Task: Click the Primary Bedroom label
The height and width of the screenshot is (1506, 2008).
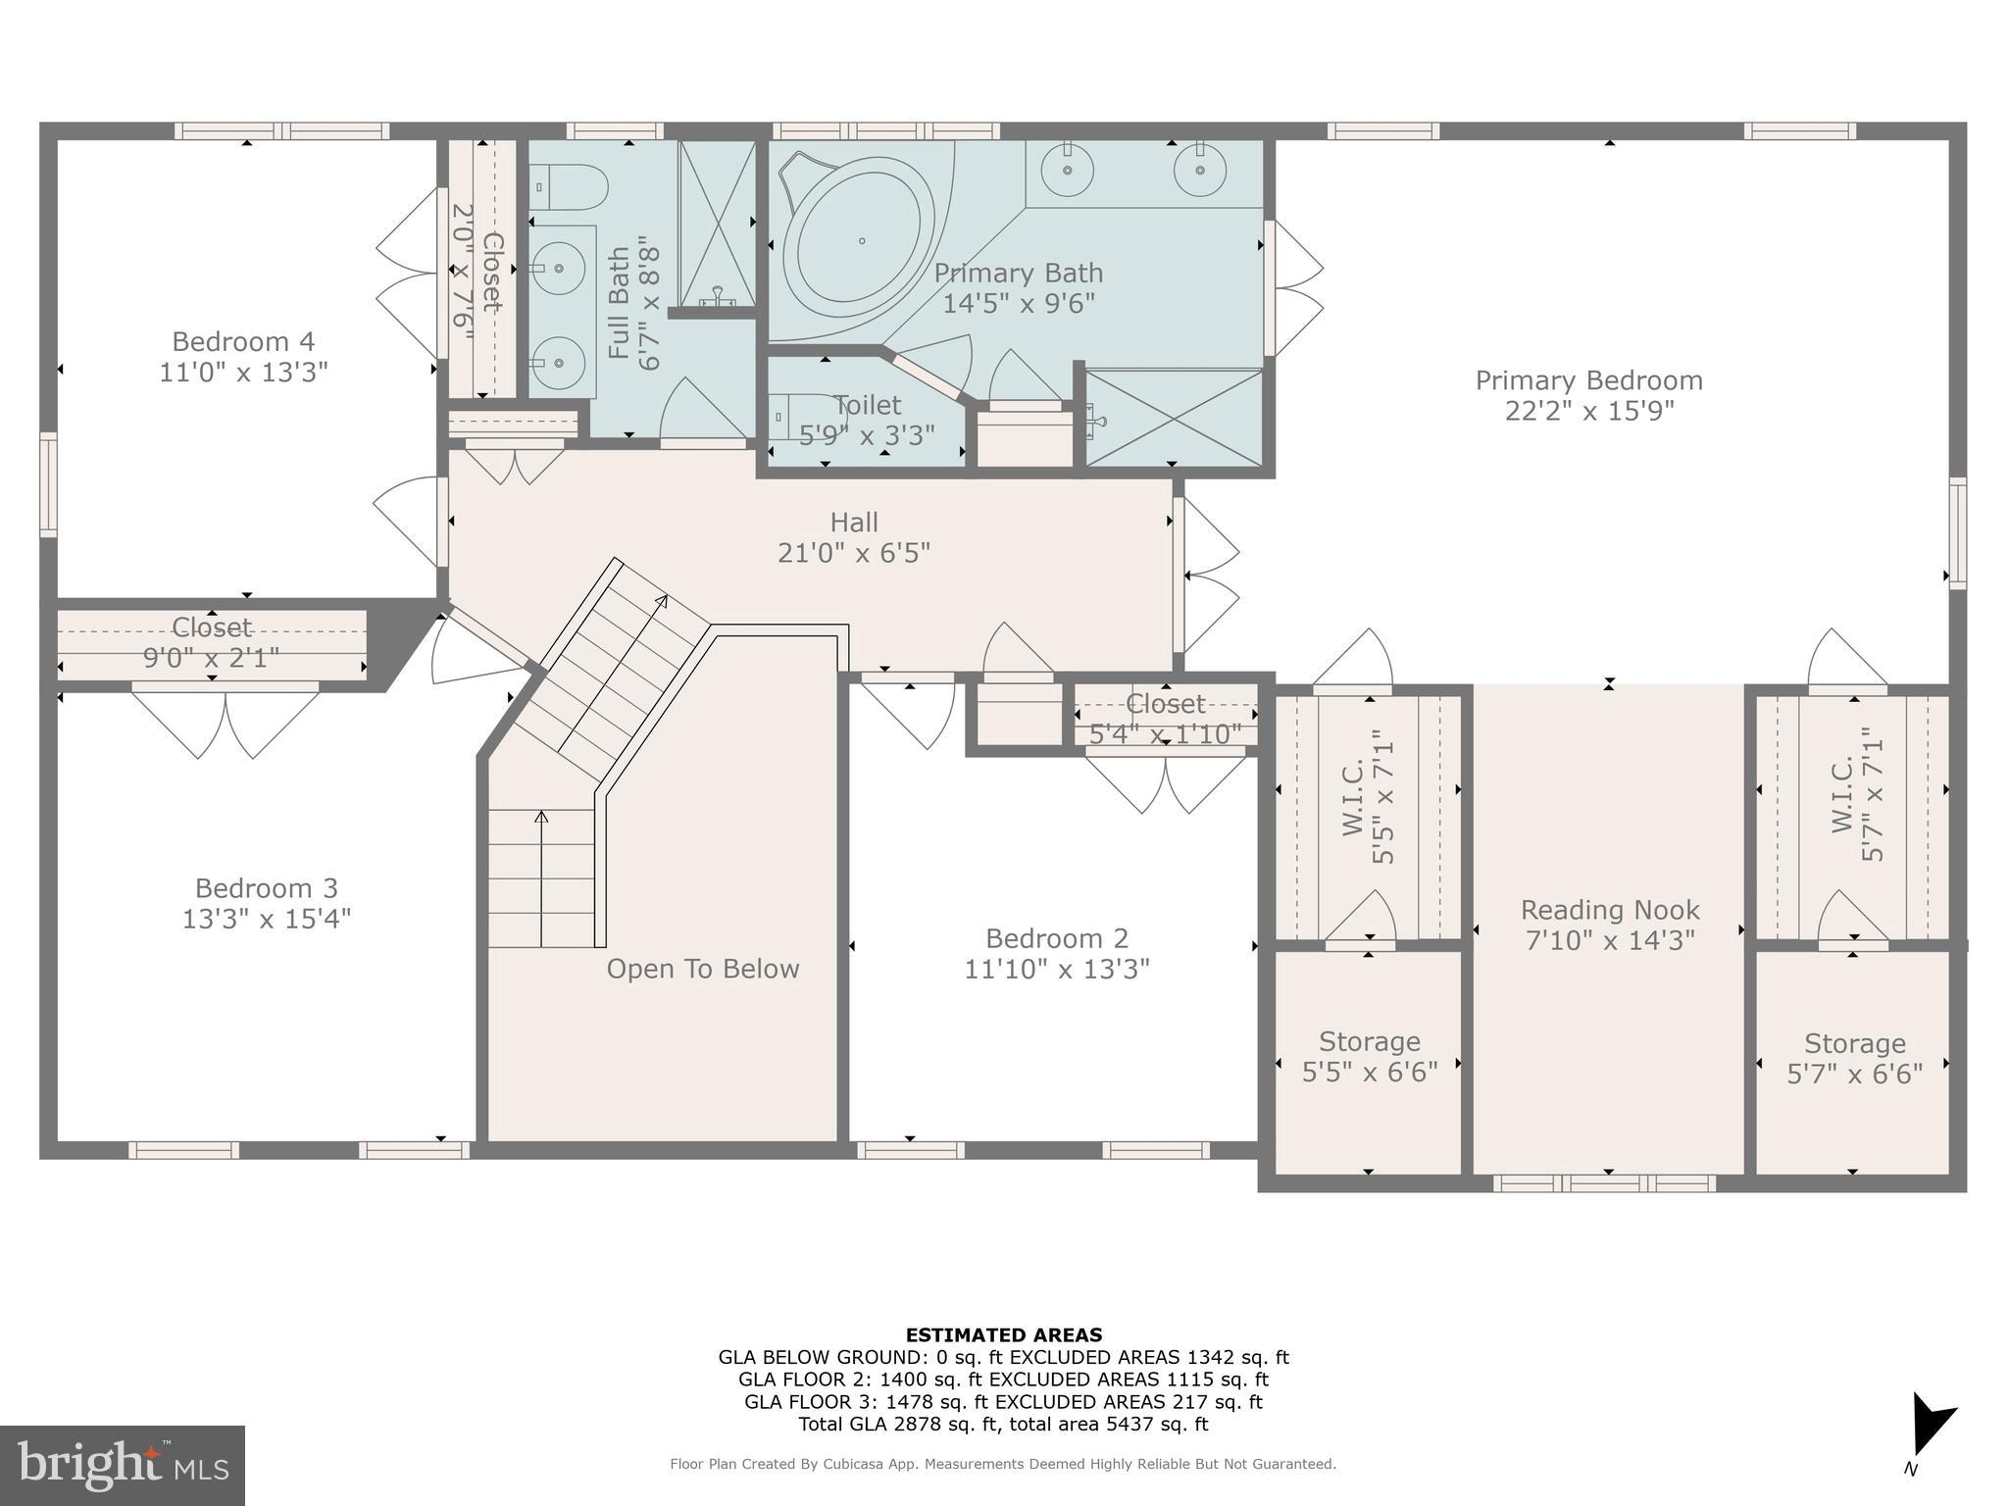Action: click(1588, 380)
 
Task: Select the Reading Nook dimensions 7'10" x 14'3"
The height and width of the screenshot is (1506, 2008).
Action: click(1609, 940)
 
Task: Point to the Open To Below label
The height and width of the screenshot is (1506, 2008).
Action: click(702, 969)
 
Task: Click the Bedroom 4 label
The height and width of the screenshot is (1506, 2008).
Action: click(243, 341)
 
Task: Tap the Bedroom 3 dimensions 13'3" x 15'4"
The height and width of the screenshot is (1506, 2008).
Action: click(266, 919)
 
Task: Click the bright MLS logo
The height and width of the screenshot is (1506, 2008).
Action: click(122, 1465)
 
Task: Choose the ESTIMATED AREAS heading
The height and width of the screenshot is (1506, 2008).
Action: click(1003, 1334)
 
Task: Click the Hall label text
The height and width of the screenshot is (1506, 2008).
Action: click(854, 522)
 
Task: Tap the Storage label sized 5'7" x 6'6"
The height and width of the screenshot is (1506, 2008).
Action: click(1854, 1043)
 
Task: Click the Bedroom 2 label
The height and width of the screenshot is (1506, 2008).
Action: click(1056, 938)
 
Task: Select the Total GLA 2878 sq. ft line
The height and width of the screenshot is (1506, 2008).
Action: click(1003, 1424)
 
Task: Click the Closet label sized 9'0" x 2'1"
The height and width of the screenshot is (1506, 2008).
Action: click(212, 627)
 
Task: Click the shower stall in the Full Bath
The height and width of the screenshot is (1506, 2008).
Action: click(718, 224)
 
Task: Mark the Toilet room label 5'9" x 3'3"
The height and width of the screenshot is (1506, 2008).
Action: click(867, 405)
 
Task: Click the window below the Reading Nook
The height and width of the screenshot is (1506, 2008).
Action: click(1604, 1183)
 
